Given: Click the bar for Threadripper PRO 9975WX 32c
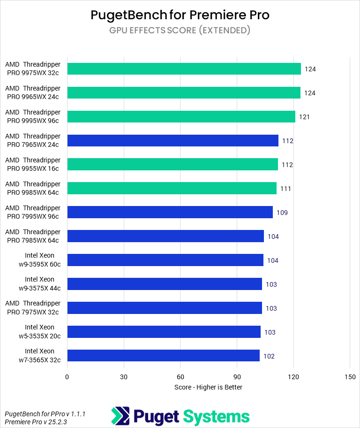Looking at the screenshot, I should [184, 69].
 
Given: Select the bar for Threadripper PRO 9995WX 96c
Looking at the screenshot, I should [181, 117].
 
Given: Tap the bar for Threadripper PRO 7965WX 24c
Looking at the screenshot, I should [172, 141].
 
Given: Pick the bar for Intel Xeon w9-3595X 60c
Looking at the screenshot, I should [165, 260].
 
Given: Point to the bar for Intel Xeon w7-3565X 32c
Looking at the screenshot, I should [163, 356].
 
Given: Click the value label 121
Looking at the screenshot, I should [304, 117].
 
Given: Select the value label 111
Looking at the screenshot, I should [285, 189].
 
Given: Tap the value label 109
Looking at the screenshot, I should [282, 213].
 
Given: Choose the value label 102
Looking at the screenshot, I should [269, 356].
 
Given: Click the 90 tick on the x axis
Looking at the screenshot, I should [237, 377].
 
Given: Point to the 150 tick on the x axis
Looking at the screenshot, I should [350, 377].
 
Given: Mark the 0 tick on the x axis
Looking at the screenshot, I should [67, 377].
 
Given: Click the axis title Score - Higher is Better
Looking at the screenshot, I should [208, 387].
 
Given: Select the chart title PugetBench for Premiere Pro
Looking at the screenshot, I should [180, 15].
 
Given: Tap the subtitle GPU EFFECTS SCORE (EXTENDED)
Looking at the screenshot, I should [180, 31].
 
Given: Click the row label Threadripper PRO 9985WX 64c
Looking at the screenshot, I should [33, 188].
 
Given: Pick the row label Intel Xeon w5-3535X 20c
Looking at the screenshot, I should [39, 332].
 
